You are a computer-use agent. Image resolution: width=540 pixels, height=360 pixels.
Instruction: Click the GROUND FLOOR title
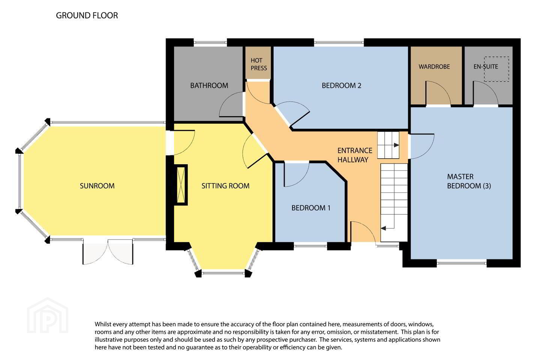87,15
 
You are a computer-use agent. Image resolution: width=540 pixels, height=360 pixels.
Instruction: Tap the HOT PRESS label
259,64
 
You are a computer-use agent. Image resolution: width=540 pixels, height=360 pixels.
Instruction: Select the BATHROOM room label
209,85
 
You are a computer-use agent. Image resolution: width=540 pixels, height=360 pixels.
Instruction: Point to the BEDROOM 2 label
341,85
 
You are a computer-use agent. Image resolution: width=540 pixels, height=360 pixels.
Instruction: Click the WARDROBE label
434,66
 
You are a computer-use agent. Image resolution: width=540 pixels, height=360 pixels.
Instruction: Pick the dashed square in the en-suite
496,69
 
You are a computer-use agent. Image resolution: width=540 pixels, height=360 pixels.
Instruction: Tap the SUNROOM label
97,186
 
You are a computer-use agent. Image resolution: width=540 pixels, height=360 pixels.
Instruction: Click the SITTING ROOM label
225,186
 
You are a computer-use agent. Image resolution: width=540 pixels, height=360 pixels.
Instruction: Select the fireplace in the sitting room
181,185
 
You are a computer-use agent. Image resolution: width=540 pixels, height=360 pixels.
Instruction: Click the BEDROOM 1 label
311,208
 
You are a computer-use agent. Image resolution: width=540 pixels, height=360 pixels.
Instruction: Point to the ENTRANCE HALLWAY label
355,155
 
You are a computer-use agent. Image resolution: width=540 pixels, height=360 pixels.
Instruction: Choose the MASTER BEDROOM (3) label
469,181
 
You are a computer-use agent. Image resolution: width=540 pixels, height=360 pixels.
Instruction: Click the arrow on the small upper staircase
396,145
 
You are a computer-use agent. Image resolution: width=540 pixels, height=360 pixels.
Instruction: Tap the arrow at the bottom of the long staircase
383,228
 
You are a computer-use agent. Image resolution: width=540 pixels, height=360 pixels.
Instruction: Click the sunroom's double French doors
108,252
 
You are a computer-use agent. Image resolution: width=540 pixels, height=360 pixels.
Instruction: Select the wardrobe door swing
438,93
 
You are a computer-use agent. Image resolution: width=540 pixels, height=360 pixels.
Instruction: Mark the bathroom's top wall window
210,43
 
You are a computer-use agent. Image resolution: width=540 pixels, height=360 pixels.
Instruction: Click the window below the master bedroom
461,263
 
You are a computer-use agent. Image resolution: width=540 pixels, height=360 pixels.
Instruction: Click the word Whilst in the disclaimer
103,324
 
